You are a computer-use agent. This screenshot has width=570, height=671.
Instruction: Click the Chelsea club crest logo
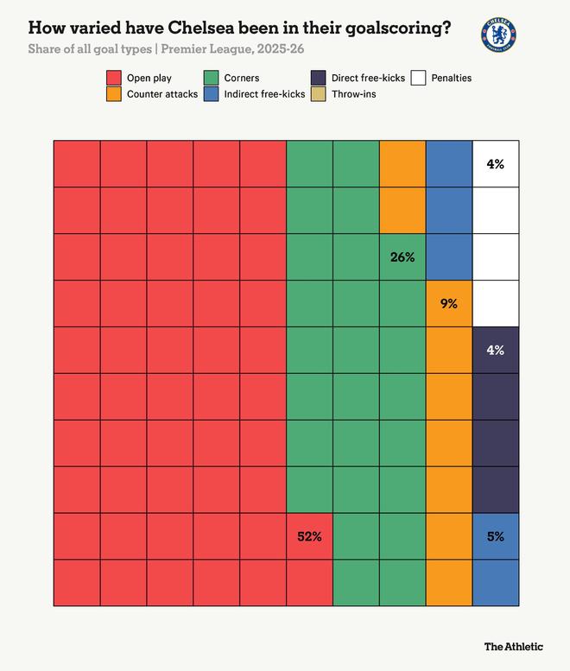pos(498,35)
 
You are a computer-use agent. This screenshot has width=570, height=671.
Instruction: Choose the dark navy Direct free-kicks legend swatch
pos(320,79)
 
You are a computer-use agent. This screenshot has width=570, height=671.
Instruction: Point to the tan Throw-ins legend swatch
pos(320,93)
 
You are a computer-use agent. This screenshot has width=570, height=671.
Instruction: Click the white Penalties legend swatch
pos(419,79)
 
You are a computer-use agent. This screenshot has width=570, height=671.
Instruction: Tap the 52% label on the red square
pos(309,536)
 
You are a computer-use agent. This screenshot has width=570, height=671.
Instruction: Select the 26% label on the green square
pos(402,256)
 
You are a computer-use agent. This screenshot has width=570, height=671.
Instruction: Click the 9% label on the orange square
pos(449,303)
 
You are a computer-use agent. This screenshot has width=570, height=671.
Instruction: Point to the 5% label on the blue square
pos(496,536)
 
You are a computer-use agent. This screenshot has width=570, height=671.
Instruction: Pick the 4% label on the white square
pos(496,163)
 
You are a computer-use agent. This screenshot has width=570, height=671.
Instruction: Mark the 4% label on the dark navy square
pos(496,350)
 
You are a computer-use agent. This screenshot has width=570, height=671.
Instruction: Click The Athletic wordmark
pos(513,646)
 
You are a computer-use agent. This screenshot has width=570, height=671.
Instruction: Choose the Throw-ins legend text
pos(354,93)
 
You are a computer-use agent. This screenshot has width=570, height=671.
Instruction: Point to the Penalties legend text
pos(451,79)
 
